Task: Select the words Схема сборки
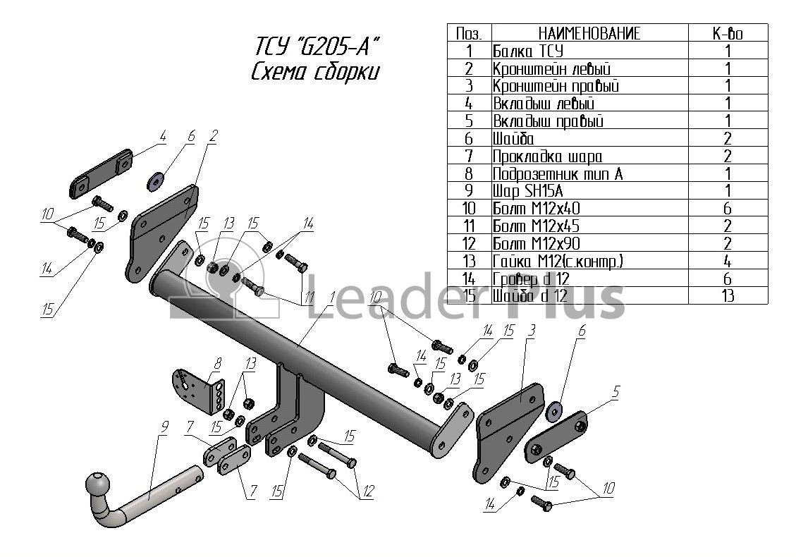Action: (315, 73)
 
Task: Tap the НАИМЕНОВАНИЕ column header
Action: (589, 33)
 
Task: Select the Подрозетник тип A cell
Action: (557, 173)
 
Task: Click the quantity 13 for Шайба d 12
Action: (728, 295)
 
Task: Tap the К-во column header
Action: (728, 33)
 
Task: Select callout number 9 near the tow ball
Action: (164, 426)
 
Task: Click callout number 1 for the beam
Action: (330, 298)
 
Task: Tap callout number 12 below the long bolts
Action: (367, 492)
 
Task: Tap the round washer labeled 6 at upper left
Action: (156, 183)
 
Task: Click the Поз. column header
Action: (469, 33)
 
